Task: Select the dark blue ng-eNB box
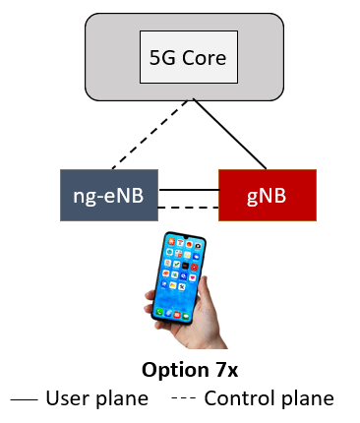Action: tap(108, 195)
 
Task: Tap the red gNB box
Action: tap(267, 195)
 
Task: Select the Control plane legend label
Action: tap(269, 399)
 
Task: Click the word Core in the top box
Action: tap(203, 57)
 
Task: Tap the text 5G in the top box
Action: tap(160, 57)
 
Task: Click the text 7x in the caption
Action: tap(214, 371)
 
